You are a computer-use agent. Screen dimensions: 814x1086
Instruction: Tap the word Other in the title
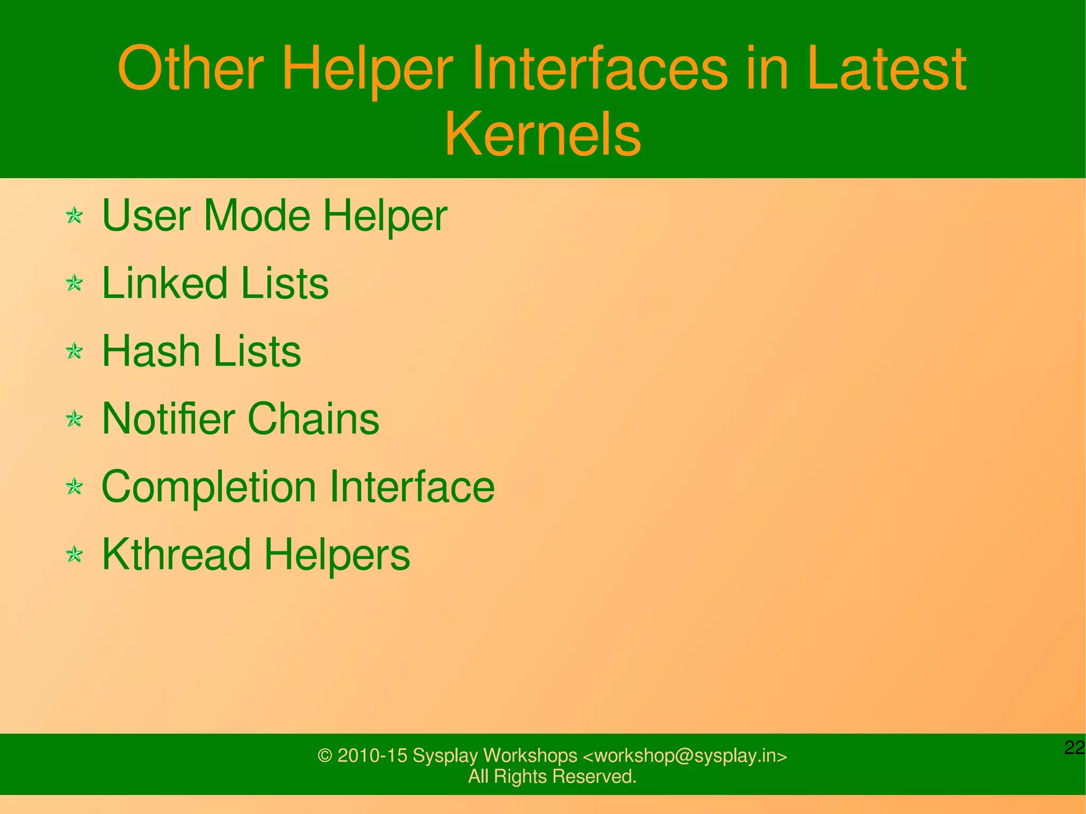click(190, 69)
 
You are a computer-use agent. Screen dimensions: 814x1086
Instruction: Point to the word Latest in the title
click(887, 69)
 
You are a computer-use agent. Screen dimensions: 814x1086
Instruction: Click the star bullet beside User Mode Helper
click(74, 216)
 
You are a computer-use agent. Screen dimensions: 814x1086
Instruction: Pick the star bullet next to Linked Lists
click(74, 283)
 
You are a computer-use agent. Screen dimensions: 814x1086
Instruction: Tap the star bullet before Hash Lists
click(74, 351)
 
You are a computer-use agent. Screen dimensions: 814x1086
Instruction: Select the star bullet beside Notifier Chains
click(74, 419)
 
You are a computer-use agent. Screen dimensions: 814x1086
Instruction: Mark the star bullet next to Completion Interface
click(74, 486)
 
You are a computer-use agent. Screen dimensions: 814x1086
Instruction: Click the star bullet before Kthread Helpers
click(74, 555)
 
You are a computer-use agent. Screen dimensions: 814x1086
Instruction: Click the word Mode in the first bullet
click(257, 215)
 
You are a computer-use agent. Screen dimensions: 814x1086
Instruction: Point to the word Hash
click(151, 351)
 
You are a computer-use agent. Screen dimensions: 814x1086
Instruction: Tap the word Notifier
click(168, 418)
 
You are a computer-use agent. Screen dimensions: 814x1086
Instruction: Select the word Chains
click(313, 418)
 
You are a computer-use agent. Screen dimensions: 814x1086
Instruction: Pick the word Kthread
click(176, 555)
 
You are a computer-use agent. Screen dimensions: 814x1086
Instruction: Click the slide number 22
click(1074, 748)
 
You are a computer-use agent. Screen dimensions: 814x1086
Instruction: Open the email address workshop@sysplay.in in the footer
click(685, 755)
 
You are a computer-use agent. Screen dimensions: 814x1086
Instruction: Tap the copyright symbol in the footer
click(324, 756)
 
